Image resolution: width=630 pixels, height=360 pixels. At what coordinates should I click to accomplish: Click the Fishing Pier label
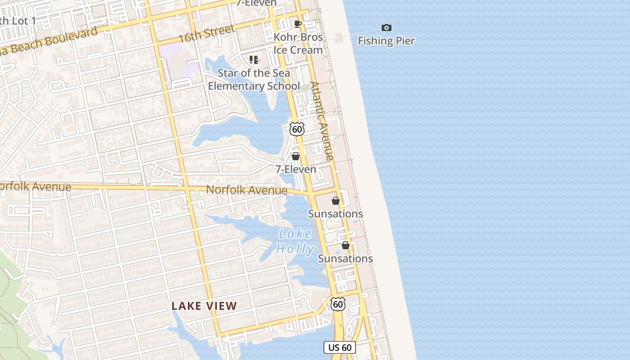[x=386, y=41]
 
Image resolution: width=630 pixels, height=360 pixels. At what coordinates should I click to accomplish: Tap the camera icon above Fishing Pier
[x=386, y=28]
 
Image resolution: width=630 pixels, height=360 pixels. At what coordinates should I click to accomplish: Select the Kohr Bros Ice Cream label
[x=298, y=44]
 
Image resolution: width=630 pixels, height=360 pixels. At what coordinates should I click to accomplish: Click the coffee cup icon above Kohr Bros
[x=297, y=24]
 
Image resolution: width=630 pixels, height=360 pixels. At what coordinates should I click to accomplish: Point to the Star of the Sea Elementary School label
[x=254, y=80]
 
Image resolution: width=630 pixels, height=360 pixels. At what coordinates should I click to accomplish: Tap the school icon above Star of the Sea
[x=254, y=59]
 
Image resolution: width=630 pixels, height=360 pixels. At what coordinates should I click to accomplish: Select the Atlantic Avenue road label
[x=322, y=121]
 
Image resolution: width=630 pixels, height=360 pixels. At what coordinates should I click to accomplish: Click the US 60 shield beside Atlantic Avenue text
[x=297, y=129]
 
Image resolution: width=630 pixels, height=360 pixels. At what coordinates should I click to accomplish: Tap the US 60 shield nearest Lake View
[x=338, y=304]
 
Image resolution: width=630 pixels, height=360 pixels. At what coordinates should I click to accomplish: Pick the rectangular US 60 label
[x=340, y=347]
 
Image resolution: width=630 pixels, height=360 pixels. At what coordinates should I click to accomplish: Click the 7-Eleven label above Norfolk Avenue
[x=296, y=170]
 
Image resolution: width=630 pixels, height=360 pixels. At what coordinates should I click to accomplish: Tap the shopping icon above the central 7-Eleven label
[x=296, y=156]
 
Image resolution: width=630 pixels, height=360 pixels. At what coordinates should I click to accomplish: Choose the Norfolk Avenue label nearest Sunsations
[x=247, y=190]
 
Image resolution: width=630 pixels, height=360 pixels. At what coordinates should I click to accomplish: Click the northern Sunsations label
[x=335, y=214]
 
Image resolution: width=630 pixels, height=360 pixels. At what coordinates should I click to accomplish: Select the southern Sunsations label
[x=345, y=259]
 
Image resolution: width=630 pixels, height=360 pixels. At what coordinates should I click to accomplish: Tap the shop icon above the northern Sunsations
[x=336, y=201]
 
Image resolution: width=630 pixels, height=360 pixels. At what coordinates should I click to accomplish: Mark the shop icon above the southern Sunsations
[x=346, y=245]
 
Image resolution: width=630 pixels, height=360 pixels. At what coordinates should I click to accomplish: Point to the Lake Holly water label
[x=295, y=241]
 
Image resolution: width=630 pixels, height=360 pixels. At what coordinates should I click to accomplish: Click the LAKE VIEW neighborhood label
[x=204, y=306]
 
